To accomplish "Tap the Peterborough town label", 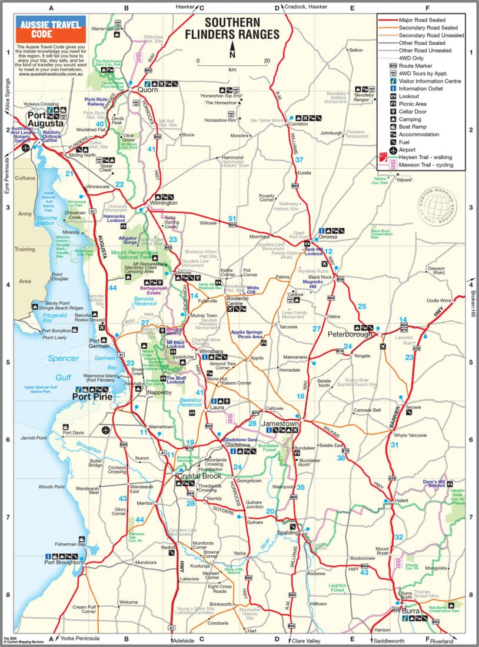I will click(x=350, y=334).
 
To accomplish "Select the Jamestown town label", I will click(x=280, y=423).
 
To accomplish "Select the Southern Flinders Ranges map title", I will click(x=242, y=29).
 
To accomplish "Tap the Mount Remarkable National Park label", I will click(x=135, y=254).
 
